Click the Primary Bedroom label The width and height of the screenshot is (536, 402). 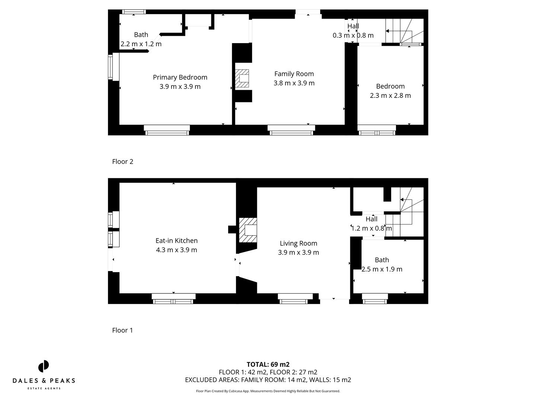180,77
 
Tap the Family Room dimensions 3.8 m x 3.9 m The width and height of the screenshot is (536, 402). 294,83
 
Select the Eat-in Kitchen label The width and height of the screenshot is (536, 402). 176,241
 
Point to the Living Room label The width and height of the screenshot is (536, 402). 299,243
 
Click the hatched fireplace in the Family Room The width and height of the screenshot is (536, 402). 242,79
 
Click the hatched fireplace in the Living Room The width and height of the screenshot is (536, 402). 248,230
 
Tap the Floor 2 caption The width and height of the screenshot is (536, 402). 122,162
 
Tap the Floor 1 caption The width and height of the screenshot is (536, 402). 122,330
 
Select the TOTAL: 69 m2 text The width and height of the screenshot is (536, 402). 268,364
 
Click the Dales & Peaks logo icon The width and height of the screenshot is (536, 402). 44,366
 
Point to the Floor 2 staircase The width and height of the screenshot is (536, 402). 404,32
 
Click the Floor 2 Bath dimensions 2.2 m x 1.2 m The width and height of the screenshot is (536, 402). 141,44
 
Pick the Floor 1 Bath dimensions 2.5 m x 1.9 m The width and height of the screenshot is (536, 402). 382,269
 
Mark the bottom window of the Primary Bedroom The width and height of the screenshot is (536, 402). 167,130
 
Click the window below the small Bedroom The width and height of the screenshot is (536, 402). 377,130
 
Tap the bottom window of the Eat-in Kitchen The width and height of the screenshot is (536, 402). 173,299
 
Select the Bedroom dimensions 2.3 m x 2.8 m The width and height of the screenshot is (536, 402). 390,95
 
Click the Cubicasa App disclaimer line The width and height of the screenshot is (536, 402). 268,391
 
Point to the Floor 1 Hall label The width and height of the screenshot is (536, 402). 371,219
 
